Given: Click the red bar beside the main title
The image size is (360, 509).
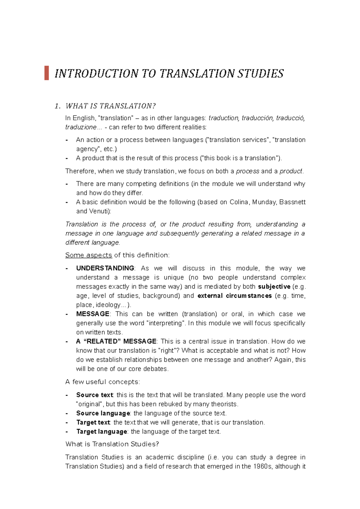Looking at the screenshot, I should coord(46,73).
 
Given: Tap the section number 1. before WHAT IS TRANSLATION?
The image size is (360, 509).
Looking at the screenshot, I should coord(58,106).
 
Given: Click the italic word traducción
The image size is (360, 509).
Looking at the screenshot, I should coord(257,118).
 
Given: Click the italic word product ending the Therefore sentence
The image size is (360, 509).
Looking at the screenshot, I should coord(291,171).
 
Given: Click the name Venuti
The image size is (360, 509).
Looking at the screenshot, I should coord(100,211).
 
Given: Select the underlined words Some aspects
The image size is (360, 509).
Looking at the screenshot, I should coord(88,255).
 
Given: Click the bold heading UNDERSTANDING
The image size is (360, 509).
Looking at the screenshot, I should coord(105,268).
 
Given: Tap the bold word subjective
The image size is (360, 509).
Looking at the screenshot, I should coord(274,287).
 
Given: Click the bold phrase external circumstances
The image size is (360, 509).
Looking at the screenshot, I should coord(235,296).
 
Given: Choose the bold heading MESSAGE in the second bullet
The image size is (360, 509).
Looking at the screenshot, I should coord(93,314).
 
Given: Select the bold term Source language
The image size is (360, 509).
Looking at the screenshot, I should coord(103,413).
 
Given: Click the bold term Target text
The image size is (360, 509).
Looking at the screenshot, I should coord(93,423).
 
